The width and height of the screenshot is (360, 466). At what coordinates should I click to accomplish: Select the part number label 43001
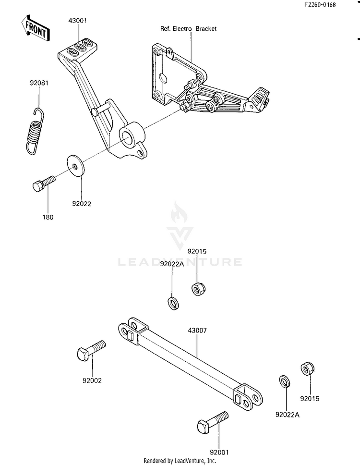(x=78, y=21)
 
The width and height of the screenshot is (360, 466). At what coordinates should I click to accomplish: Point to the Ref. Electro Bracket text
(x=188, y=29)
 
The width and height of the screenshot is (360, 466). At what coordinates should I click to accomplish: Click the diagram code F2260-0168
(x=320, y=5)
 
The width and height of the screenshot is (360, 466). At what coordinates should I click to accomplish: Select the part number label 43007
(x=197, y=331)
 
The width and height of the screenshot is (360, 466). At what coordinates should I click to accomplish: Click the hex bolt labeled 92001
(x=213, y=422)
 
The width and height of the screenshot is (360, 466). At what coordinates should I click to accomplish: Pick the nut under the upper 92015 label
(x=198, y=289)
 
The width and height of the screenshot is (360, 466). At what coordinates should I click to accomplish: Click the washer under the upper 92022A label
(x=173, y=303)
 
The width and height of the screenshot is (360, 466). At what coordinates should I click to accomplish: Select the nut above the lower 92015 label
(x=308, y=369)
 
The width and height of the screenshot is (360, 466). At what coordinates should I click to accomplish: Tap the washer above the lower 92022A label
(x=285, y=381)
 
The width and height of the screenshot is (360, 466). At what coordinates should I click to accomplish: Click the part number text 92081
(x=39, y=83)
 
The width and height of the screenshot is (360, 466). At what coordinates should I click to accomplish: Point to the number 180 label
(x=48, y=217)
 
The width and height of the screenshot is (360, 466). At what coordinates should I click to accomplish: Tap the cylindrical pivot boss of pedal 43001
(x=132, y=135)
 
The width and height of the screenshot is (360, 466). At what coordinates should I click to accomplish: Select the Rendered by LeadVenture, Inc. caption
(x=180, y=461)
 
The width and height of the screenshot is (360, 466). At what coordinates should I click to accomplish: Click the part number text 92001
(x=219, y=453)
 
